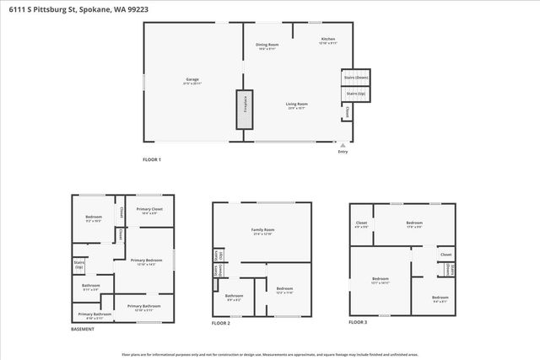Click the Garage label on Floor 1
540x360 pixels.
[x=192, y=79]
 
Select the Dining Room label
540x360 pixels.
[x=267, y=46]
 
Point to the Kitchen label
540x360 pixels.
[x=327, y=40]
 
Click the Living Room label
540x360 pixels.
[x=296, y=105]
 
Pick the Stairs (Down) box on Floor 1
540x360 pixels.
[x=355, y=78]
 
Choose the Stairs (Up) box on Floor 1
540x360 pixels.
[x=355, y=94]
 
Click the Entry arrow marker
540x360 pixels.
[x=342, y=144]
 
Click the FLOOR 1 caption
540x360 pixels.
[x=152, y=159]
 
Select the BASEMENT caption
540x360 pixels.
[x=83, y=330]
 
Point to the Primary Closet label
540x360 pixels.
[x=150, y=210]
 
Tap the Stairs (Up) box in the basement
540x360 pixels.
[x=79, y=266]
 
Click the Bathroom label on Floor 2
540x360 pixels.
[x=233, y=296]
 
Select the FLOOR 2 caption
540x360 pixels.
[x=222, y=323]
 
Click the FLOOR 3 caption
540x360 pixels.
[x=359, y=322]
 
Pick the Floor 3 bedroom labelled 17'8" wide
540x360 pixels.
[x=413, y=224]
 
